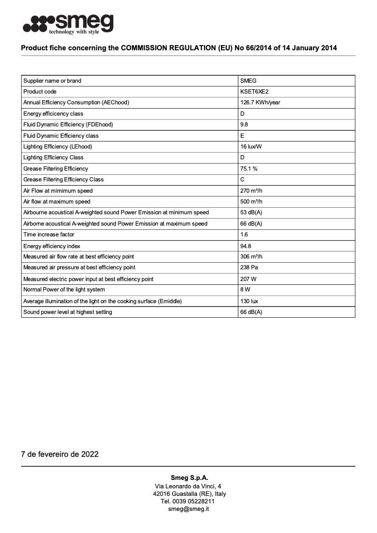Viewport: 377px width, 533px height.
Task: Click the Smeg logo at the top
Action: (x=68, y=24)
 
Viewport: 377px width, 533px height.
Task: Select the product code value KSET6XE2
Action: (x=254, y=92)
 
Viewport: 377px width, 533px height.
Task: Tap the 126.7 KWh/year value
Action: (x=260, y=102)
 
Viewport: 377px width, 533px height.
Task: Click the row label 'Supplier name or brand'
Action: (x=52, y=81)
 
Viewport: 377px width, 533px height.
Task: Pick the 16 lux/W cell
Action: (x=251, y=147)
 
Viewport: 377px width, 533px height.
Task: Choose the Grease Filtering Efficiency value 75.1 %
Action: (x=249, y=169)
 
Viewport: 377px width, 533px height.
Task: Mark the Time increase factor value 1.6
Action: (x=244, y=235)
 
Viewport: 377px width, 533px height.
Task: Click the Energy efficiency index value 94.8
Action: (x=245, y=246)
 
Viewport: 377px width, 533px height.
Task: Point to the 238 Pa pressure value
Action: (x=249, y=267)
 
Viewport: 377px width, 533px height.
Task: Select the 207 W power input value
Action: (x=248, y=279)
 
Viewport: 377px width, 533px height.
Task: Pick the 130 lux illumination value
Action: (x=249, y=301)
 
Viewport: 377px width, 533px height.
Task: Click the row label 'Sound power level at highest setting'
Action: (x=68, y=312)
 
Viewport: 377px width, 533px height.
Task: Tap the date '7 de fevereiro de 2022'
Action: (x=60, y=454)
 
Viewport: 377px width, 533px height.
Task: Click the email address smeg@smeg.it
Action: (x=188, y=509)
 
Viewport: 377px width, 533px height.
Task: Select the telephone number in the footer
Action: (x=188, y=502)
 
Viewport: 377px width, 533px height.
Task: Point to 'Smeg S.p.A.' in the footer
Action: (x=189, y=478)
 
